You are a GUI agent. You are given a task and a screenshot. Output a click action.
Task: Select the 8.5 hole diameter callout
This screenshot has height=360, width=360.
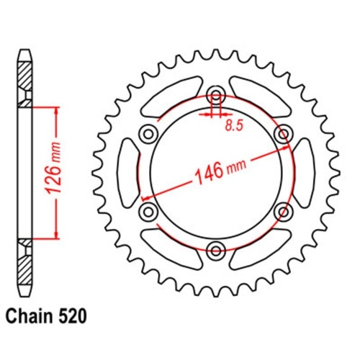pyautogui.click(x=232, y=126)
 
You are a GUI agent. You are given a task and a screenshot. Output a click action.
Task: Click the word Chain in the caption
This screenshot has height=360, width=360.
pyautogui.click(x=29, y=315)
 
